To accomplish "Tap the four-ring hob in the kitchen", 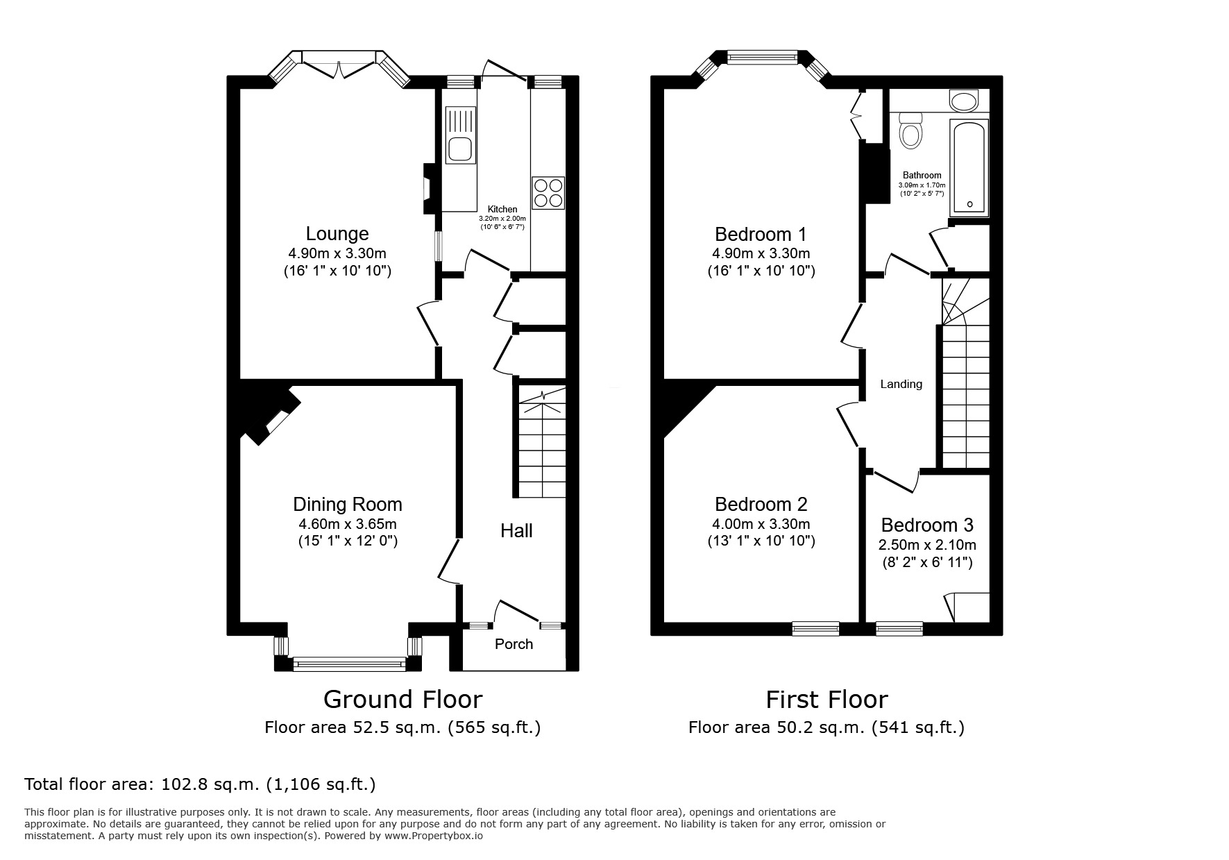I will point(548,192).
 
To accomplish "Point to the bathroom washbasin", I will point(964,102).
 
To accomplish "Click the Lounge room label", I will point(337,234).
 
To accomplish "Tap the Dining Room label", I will point(347,505).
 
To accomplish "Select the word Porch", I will point(514,644).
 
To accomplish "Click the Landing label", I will point(901,384).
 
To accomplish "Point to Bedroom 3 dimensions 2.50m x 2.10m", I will point(927,545).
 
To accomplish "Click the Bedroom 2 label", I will point(761,505).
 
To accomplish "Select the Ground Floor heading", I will point(402,699).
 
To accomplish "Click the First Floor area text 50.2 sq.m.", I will point(826,727).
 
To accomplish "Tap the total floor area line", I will point(200,784).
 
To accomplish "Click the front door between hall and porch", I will point(517,612).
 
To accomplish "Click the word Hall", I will point(516,531).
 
